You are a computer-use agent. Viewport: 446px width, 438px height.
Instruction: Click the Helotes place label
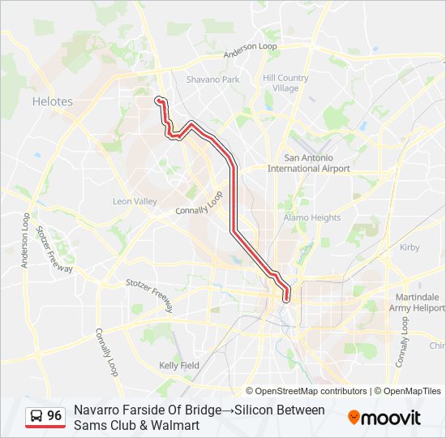click(52, 101)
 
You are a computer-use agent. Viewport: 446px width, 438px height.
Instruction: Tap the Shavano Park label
click(212, 79)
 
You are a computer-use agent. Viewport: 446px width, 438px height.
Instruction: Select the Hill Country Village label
click(285, 84)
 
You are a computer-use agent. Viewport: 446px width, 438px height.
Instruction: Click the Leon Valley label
click(134, 200)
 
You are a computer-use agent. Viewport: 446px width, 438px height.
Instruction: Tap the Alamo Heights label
click(312, 217)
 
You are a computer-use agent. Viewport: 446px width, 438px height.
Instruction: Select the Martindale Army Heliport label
click(417, 303)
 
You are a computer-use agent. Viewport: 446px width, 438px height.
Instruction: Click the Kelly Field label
click(179, 365)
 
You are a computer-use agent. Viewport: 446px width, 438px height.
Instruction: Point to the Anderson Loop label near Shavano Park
click(251, 50)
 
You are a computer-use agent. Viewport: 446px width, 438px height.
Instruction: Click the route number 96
click(54, 415)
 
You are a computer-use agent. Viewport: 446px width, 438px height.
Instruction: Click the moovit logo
click(384, 418)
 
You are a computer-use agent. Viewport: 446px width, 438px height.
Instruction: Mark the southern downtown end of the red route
click(286, 300)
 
